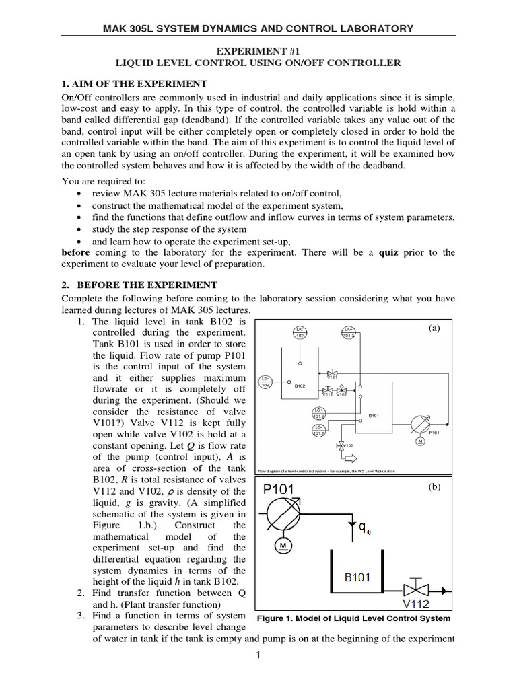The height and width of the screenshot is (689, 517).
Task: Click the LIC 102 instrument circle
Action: tap(300, 331)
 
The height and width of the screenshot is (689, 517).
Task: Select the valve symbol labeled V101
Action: tap(331, 373)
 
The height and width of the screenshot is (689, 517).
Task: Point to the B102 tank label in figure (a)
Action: tap(301, 386)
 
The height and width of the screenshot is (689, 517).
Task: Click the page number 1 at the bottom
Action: tap(258, 657)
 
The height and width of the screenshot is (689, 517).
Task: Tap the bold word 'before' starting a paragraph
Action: tap(75, 252)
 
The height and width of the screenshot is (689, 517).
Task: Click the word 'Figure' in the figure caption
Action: tap(273, 618)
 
